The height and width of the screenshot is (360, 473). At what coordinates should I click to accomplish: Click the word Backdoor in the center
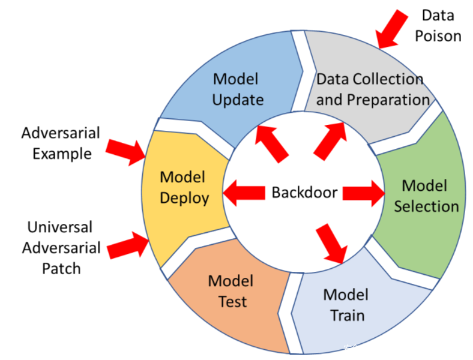(304, 193)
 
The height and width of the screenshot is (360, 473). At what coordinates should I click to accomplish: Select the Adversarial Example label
(60, 143)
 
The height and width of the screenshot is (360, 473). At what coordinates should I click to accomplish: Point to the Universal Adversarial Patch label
(60, 247)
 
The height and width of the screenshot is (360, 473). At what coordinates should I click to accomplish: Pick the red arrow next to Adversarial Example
(126, 149)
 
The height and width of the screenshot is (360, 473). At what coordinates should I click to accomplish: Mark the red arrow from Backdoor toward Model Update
(271, 142)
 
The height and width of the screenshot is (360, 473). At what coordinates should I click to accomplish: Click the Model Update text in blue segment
(238, 89)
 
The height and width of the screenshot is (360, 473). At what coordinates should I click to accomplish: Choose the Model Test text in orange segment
(230, 291)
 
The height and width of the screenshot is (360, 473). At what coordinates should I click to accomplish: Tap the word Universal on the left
(60, 227)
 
